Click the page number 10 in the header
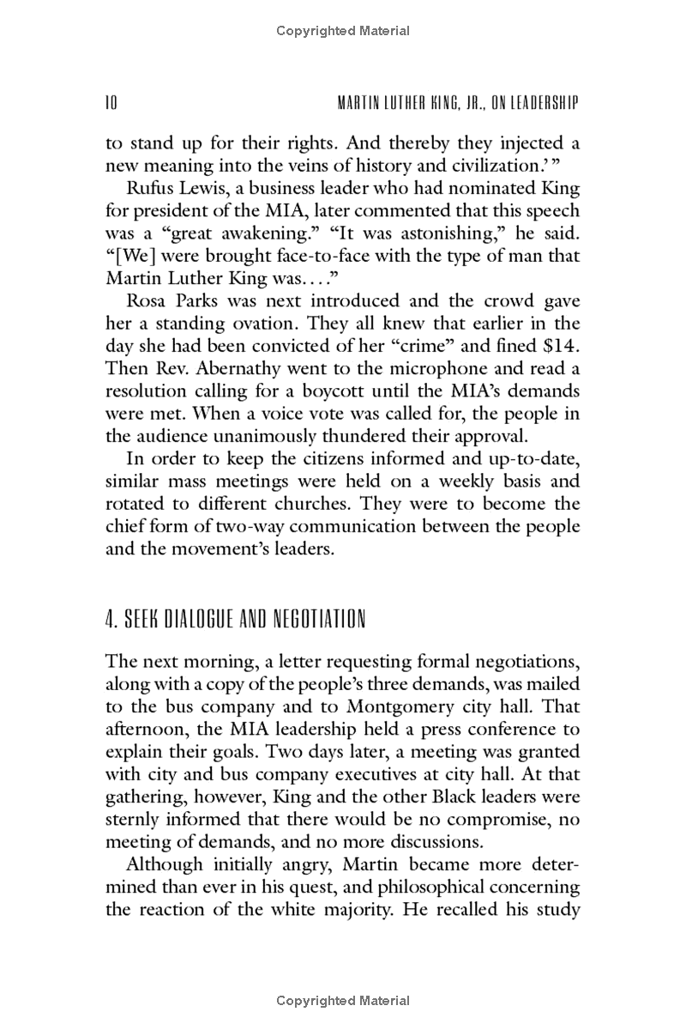pos(111,104)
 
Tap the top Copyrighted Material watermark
pos(343,31)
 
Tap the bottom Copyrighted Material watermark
pos(343,1001)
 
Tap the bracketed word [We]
pos(125,256)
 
